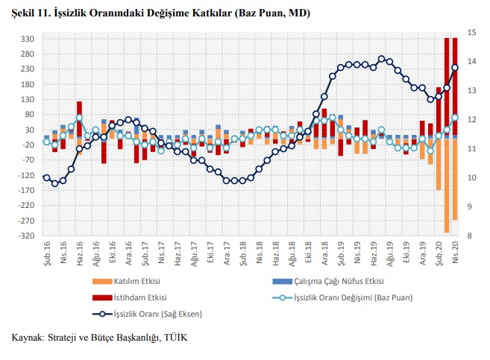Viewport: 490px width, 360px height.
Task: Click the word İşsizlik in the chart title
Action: [x=75, y=14]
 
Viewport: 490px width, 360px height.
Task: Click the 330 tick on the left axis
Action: [x=28, y=39]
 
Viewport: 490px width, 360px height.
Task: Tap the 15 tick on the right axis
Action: [x=471, y=32]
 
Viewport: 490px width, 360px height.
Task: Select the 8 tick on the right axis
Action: [x=469, y=236]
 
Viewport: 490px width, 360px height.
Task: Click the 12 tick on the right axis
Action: [x=471, y=119]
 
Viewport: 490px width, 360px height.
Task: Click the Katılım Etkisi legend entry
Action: [x=137, y=282]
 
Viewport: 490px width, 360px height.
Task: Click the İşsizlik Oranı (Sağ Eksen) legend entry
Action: [x=153, y=312]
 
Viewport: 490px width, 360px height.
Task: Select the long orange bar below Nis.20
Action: [x=454, y=179]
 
